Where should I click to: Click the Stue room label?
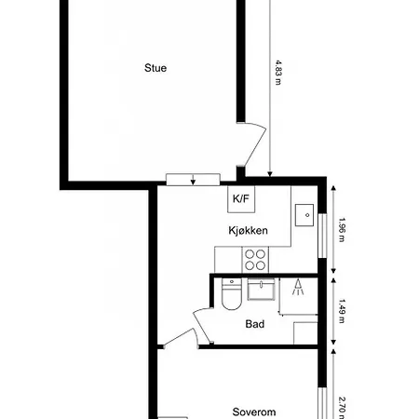155,68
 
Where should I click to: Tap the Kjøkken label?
248,230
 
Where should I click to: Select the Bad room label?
255,324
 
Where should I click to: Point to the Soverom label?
254,412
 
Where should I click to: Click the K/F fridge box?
241,199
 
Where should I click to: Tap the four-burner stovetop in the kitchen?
255,260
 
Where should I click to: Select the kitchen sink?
304,215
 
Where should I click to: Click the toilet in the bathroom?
232,294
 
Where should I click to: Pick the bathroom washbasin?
261,290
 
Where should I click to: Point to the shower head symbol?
298,287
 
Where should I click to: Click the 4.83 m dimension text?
278,73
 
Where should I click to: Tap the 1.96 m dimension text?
342,230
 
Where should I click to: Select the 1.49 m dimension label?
342,311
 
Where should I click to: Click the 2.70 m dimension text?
342,408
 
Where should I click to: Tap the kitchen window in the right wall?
323,236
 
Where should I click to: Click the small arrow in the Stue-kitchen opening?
193,180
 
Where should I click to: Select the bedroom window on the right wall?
323,403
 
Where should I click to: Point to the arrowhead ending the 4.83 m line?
270,174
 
